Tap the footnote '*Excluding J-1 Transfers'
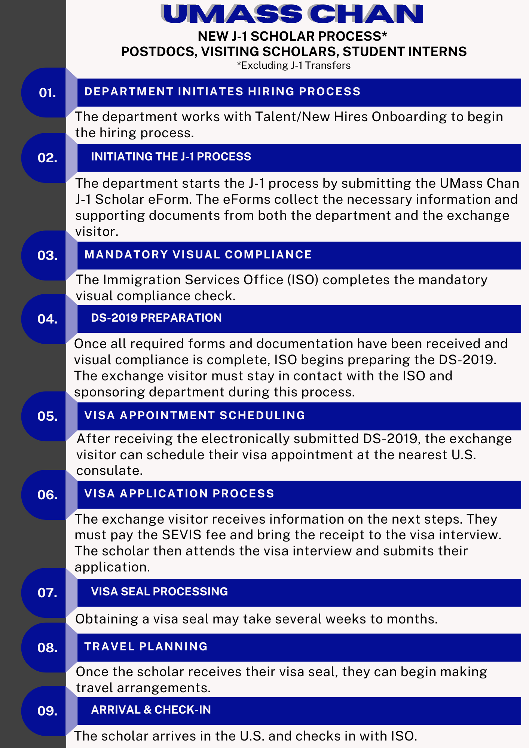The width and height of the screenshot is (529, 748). [294, 65]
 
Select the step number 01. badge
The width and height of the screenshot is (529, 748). [47, 93]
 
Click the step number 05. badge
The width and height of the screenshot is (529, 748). [47, 416]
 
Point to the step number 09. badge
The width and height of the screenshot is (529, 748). [47, 711]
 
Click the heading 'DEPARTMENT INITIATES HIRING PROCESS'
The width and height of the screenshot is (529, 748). [222, 92]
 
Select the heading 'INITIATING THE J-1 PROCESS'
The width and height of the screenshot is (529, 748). [171, 156]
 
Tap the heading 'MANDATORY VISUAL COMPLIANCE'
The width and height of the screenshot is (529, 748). [198, 255]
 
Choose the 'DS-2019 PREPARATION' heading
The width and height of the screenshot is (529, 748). [156, 318]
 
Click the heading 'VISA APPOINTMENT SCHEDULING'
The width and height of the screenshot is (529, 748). [195, 416]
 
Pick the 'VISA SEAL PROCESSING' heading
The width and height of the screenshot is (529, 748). [159, 591]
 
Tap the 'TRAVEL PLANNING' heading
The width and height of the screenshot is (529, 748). [146, 647]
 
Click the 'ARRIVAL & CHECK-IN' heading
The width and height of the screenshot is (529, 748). [151, 709]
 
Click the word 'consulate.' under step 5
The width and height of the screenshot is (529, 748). [110, 470]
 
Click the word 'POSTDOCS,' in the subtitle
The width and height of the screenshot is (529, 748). [159, 52]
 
